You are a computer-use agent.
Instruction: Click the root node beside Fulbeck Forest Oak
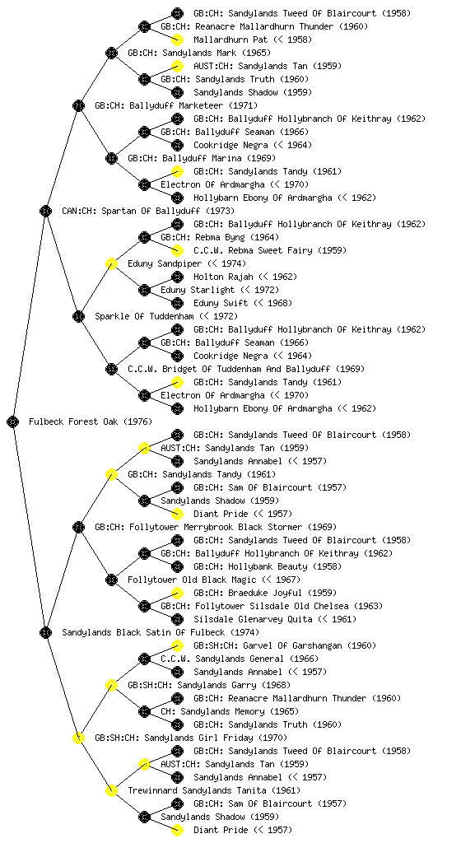[13, 421]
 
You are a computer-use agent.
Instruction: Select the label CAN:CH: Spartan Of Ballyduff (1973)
[148, 211]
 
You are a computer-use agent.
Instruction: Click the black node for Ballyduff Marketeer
[78, 105]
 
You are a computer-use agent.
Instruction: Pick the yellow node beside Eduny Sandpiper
[111, 263]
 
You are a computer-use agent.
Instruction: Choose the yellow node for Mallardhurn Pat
[177, 40]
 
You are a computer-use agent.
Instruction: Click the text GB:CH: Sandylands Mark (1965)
[199, 53]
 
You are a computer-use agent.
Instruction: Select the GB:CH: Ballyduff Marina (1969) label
[202, 158]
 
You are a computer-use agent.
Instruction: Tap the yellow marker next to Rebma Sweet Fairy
[177, 250]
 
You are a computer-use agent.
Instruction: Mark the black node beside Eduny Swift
[177, 303]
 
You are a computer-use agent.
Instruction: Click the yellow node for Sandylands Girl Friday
[78, 738]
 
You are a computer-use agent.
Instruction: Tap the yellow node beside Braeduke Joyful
[177, 593]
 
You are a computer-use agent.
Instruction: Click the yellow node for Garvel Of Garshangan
[177, 645]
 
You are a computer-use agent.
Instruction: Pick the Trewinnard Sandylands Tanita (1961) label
[214, 790]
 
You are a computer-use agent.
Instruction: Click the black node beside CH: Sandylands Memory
[144, 711]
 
